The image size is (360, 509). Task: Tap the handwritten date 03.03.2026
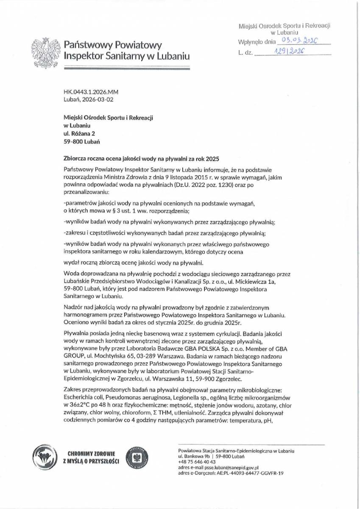296,41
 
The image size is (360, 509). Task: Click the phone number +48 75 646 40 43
197,462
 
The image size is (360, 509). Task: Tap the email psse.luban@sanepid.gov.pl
229,467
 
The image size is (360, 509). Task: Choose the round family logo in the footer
45,456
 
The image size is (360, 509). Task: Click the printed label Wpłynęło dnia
257,42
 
